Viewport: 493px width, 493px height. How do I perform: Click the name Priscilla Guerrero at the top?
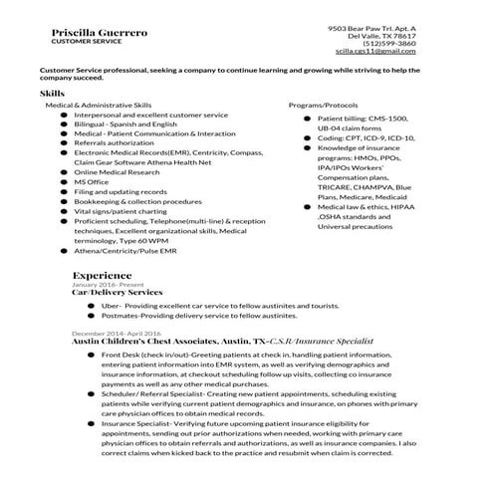pyautogui.click(x=100, y=33)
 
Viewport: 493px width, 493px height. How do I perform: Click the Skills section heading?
pyautogui.click(x=53, y=93)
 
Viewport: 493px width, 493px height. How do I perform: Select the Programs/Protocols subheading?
pyautogui.click(x=323, y=105)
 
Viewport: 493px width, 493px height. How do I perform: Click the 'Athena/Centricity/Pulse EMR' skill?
pyautogui.click(x=123, y=251)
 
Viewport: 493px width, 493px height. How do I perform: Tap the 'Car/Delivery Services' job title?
pyautogui.click(x=117, y=293)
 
